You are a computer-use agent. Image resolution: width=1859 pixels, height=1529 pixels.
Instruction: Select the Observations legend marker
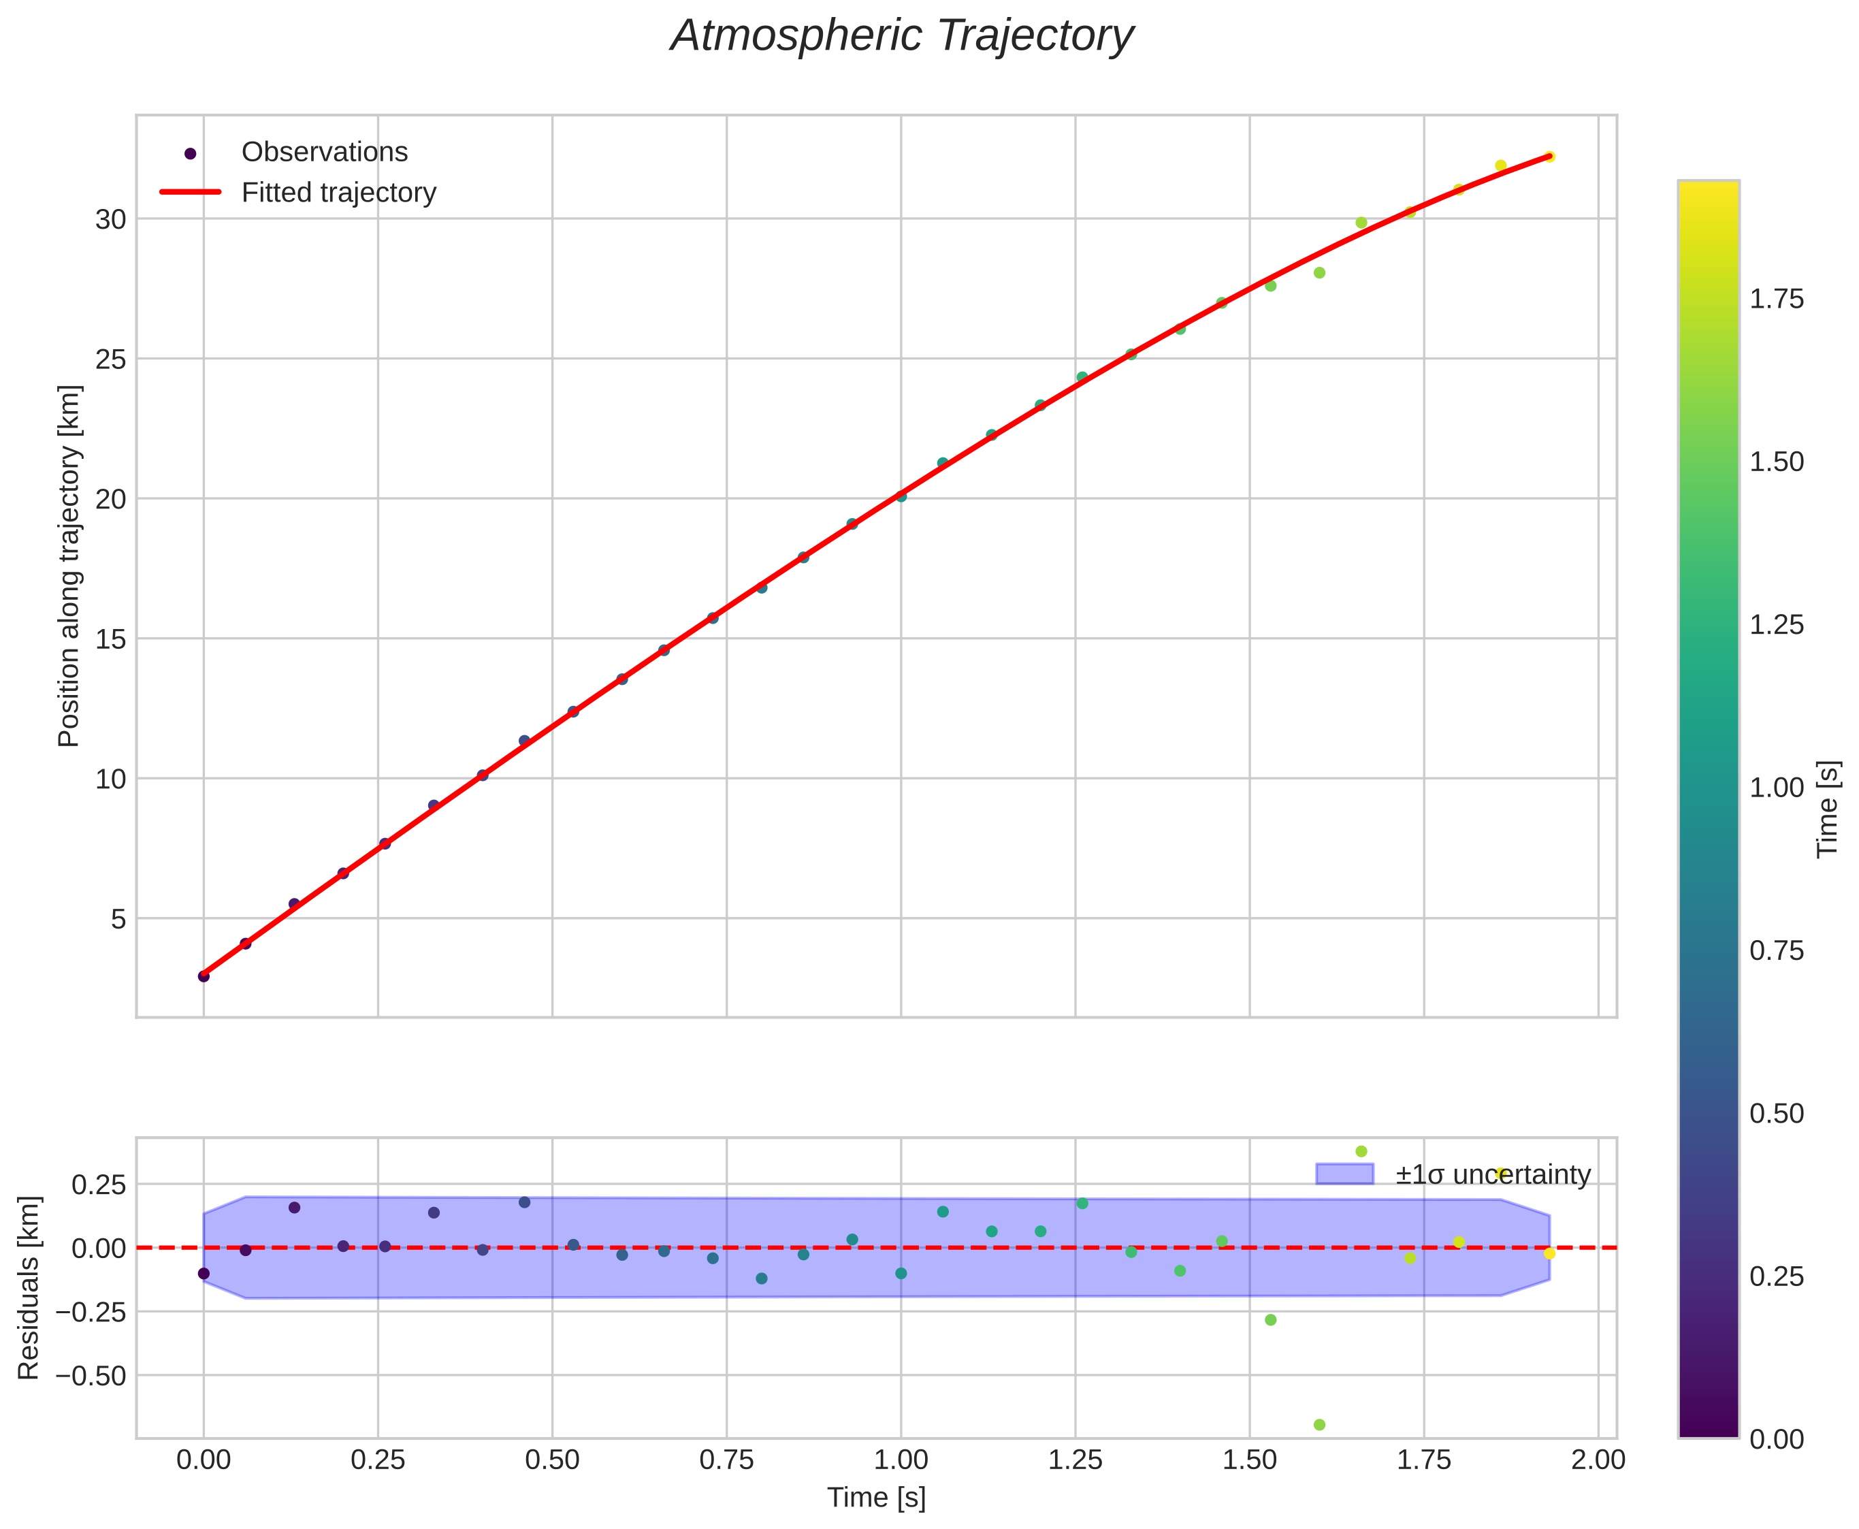click(x=189, y=153)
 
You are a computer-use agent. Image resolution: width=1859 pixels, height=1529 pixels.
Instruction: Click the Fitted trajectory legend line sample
click(x=189, y=193)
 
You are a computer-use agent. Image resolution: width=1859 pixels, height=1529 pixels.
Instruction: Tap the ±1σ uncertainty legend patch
click(x=1344, y=1175)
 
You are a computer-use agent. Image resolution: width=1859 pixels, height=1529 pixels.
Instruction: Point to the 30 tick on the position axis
click(x=110, y=219)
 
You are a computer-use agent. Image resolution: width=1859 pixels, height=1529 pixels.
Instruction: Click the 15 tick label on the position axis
click(x=110, y=639)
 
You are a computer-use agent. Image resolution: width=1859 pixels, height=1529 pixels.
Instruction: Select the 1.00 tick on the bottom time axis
click(x=900, y=1460)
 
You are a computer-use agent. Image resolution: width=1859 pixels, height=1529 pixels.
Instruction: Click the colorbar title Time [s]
click(x=1828, y=809)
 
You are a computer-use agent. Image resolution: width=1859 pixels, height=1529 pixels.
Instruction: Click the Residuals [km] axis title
click(x=29, y=1287)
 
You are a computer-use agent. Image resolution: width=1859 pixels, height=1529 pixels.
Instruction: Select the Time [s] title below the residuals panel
click(x=875, y=1497)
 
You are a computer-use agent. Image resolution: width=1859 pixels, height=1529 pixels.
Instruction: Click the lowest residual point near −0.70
click(x=1319, y=1425)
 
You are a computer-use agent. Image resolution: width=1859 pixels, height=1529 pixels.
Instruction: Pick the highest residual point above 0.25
click(x=1361, y=1151)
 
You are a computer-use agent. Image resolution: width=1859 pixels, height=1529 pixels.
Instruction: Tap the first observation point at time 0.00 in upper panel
click(x=204, y=976)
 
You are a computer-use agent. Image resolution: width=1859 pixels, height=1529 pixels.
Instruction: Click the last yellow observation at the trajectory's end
click(x=1550, y=157)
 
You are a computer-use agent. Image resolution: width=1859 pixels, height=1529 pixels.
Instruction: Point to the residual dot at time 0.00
click(x=204, y=1274)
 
